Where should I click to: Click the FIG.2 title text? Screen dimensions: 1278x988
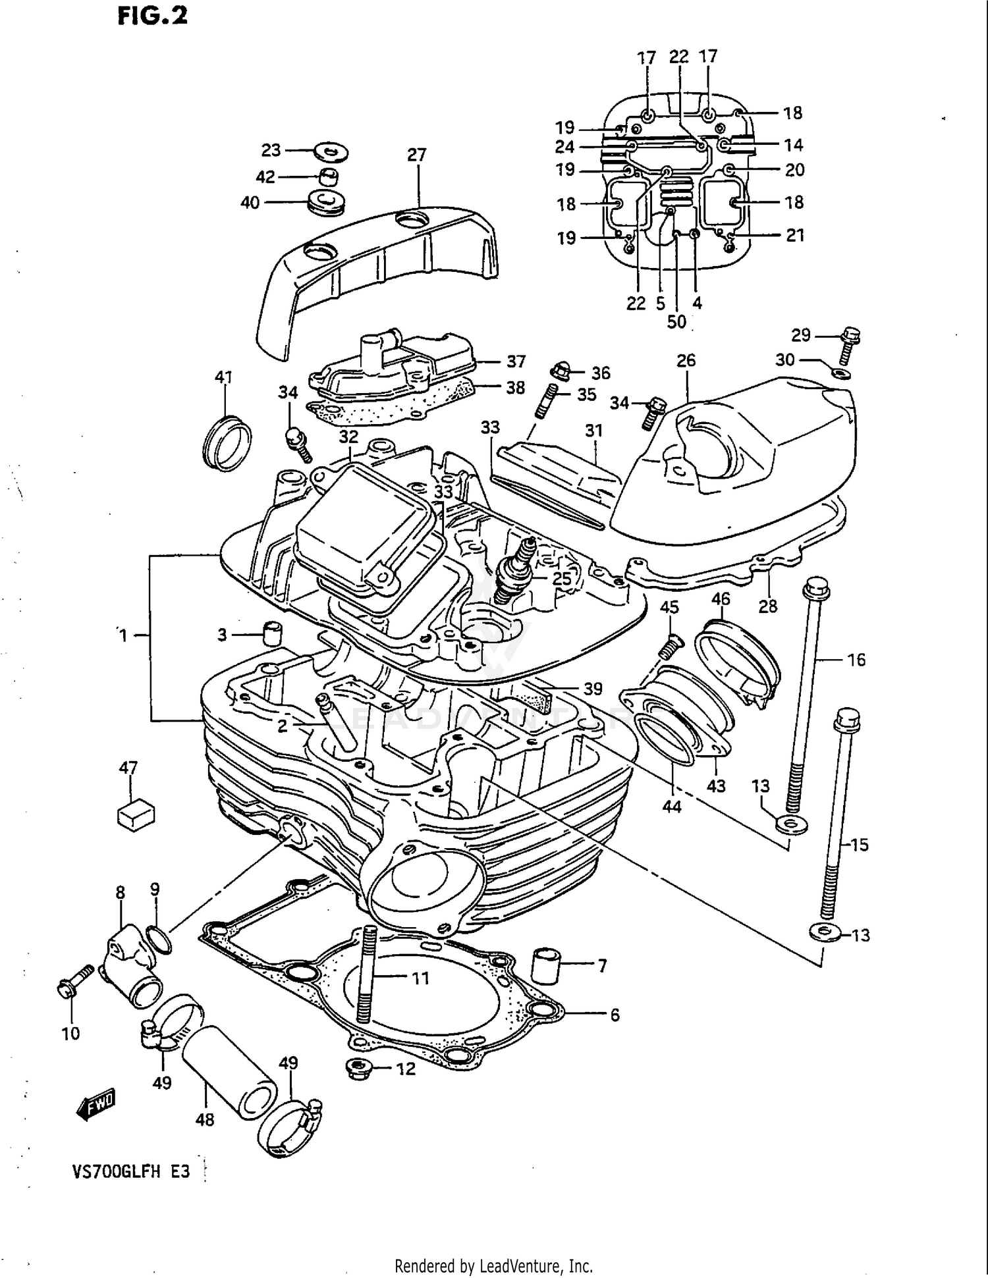152,15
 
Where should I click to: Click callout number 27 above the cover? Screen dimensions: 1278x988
416,155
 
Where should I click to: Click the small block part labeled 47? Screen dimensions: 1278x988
135,814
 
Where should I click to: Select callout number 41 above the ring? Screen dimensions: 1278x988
224,377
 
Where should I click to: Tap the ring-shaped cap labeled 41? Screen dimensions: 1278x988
226,442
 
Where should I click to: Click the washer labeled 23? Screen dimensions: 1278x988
331,152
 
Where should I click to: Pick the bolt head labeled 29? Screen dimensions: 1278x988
851,336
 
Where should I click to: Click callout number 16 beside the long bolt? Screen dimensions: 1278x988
856,660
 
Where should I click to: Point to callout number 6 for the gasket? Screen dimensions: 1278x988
614,1015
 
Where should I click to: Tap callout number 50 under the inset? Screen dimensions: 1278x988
676,322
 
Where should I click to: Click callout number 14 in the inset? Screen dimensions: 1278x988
793,144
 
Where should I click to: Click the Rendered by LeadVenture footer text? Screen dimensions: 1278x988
493,1265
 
